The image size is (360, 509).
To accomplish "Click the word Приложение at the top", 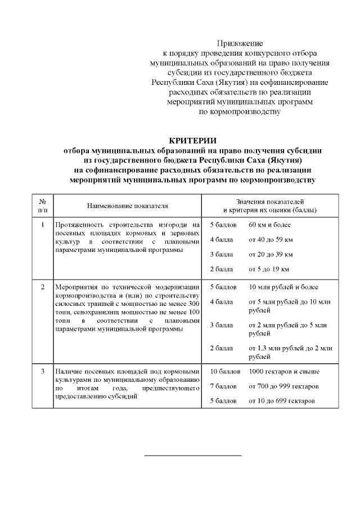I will pyautogui.click(x=240, y=43).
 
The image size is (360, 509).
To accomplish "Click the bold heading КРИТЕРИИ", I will pyautogui.click(x=192, y=141).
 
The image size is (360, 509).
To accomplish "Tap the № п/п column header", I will pyautogui.click(x=43, y=206).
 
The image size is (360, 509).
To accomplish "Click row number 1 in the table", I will pyautogui.click(x=43, y=225).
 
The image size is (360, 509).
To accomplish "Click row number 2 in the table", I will pyautogui.click(x=43, y=287).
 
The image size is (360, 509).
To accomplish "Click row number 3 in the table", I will pyautogui.click(x=43, y=372).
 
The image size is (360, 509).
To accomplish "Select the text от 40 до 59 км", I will pyautogui.click(x=271, y=240).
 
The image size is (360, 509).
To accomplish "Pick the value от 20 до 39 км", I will pyautogui.click(x=271, y=254).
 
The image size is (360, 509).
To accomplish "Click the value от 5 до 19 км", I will pyautogui.click(x=268, y=269).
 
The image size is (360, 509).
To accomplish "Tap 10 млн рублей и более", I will pyautogui.click(x=283, y=287).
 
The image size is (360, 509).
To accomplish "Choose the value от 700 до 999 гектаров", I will pyautogui.click(x=287, y=386).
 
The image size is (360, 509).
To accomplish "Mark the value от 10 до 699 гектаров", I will pyautogui.click(x=285, y=401).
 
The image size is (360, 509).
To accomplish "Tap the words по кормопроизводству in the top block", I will pyautogui.click(x=240, y=112).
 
